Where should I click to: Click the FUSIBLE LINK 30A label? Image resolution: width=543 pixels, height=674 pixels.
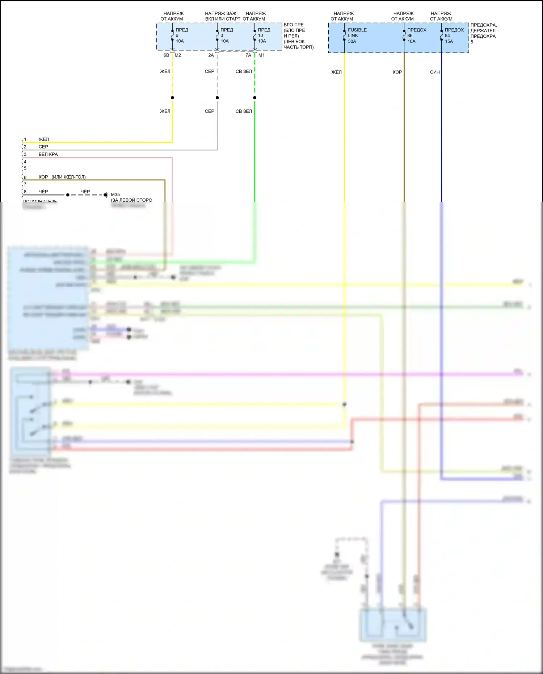tap(357, 35)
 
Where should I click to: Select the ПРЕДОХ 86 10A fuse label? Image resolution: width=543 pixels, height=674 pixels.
tap(416, 35)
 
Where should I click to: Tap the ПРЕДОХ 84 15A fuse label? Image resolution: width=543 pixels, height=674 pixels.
tap(454, 35)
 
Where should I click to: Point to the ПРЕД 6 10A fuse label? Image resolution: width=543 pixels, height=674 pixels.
tap(182, 35)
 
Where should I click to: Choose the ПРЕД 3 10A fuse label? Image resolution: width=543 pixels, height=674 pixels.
tap(227, 35)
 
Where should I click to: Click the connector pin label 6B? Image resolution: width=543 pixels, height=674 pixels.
tap(166, 55)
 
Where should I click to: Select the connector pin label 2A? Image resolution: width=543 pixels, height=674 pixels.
tap(211, 55)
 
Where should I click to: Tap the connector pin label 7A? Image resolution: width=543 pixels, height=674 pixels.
tap(248, 55)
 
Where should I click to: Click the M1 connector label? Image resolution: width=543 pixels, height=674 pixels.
tap(261, 55)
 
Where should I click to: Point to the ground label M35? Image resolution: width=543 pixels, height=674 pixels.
tap(115, 194)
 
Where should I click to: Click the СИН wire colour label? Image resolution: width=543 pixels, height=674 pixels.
tap(435, 72)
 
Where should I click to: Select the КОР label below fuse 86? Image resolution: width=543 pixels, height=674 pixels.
tap(397, 72)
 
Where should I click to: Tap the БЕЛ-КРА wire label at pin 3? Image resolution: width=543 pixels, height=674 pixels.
tap(48, 154)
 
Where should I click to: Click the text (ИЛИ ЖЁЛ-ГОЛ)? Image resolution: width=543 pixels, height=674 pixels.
tap(68, 177)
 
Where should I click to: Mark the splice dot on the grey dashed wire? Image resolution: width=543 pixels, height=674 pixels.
tap(217, 98)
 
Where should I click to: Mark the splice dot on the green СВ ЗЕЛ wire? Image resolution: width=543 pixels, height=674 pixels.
tap(255, 98)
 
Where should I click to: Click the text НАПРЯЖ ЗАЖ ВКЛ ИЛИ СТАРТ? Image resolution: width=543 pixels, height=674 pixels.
tap(222, 16)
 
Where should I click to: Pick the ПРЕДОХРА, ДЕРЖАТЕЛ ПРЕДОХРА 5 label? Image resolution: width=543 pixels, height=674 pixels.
tap(483, 33)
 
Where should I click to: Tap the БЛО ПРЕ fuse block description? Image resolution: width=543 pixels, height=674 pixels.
tap(298, 36)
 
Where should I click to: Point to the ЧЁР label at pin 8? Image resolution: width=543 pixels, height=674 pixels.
tap(43, 192)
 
